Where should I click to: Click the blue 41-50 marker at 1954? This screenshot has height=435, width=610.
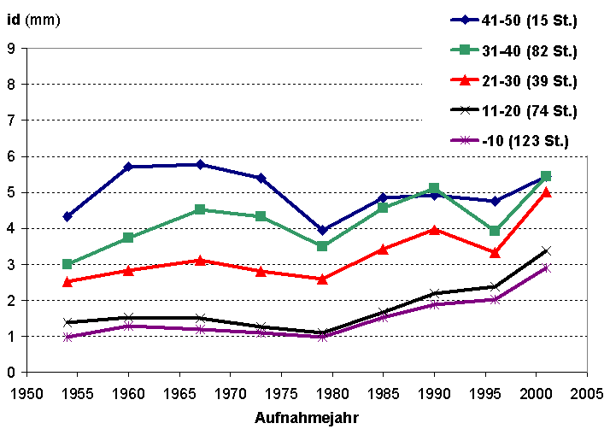[x=67, y=216]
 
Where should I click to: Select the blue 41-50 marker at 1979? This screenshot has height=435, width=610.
[x=322, y=230]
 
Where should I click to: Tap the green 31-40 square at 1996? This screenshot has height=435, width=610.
[x=495, y=231]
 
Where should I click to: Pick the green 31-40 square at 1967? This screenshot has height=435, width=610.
[x=200, y=209]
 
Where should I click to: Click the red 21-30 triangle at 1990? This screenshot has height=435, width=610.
[x=434, y=229]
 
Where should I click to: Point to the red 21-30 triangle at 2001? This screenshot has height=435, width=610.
[x=546, y=192]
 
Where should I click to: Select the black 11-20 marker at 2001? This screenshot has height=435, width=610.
[x=546, y=250]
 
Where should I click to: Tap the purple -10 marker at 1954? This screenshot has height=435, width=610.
[x=67, y=337]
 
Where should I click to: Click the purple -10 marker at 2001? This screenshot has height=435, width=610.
[x=546, y=268]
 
